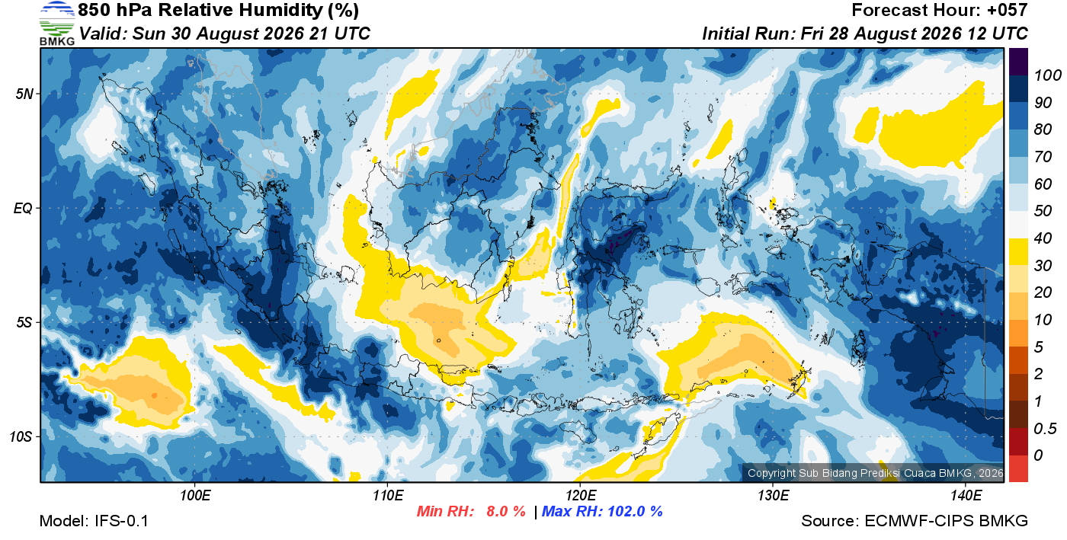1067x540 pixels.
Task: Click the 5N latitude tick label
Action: pyautogui.click(x=24, y=94)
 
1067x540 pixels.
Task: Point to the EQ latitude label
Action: pyautogui.click(x=24, y=208)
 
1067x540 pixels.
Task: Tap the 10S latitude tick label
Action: pyautogui.click(x=21, y=436)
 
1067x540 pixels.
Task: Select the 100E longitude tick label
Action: pyautogui.click(x=195, y=495)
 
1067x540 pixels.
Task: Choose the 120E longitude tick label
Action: pyautogui.click(x=581, y=495)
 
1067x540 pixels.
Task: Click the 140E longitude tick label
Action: pyautogui.click(x=966, y=495)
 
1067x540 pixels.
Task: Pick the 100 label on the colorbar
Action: pyautogui.click(x=1047, y=75)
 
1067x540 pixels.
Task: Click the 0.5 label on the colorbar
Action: pyautogui.click(x=1045, y=429)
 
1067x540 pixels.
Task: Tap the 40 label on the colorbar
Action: pyautogui.click(x=1043, y=238)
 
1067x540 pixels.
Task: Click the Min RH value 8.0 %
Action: pyautogui.click(x=505, y=511)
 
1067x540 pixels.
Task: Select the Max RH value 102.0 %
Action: pyautogui.click(x=635, y=511)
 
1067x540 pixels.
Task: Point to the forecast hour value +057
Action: pyautogui.click(x=1007, y=10)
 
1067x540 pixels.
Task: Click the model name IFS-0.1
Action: pyautogui.click(x=121, y=521)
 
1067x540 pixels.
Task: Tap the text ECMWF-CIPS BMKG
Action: pyautogui.click(x=946, y=521)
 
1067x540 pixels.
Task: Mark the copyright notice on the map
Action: pyautogui.click(x=875, y=473)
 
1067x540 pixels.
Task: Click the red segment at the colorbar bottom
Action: pyautogui.click(x=1018, y=468)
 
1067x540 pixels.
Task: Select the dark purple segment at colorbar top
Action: pyautogui.click(x=1018, y=62)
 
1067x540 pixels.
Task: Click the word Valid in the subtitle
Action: pyautogui.click(x=103, y=34)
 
